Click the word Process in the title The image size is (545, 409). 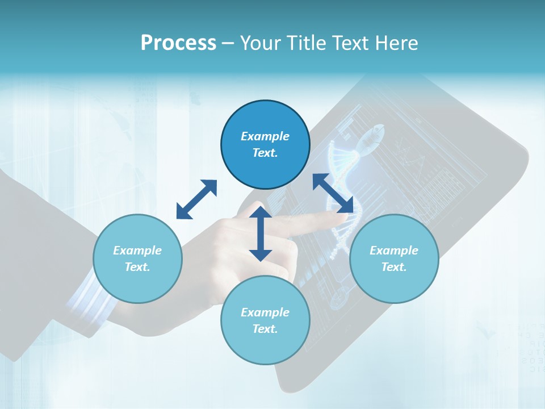tap(178, 43)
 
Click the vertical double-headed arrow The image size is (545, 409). tap(261, 233)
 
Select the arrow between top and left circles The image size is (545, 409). tap(196, 199)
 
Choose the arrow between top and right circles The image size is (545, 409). tap(333, 194)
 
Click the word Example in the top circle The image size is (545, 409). tap(265, 136)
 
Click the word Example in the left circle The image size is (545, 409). tap(137, 251)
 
